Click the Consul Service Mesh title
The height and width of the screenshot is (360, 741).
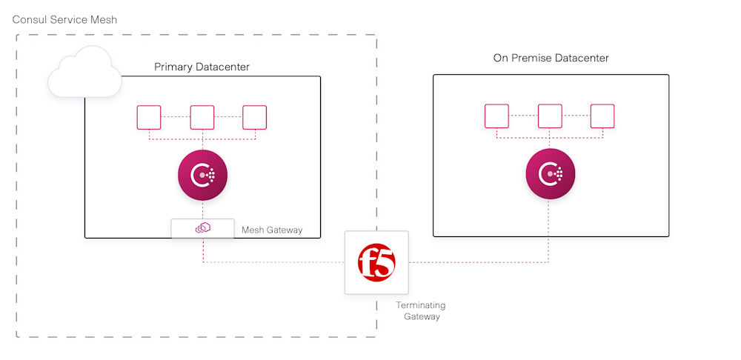[x=64, y=19]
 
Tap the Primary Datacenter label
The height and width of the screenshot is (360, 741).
[x=202, y=67]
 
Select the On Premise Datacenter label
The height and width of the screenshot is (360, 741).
[x=551, y=58]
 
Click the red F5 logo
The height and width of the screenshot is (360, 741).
[x=376, y=262]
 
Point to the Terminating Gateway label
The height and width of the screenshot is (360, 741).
[x=421, y=311]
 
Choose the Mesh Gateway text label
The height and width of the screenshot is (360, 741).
[x=272, y=230]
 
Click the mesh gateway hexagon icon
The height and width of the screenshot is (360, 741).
[x=202, y=229]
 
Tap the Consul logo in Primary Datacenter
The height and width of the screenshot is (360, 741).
[x=202, y=176]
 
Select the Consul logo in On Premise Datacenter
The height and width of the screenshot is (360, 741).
[x=550, y=175]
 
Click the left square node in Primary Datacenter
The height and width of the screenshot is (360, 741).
[x=149, y=117]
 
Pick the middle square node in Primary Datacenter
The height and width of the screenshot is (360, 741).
[x=202, y=117]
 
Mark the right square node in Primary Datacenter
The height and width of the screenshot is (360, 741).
[x=255, y=117]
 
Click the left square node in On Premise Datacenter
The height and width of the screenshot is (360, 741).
[x=496, y=116]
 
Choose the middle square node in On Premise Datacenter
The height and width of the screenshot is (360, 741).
[x=550, y=116]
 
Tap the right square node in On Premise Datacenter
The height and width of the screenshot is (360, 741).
[x=602, y=116]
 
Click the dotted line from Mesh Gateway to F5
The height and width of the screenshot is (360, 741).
[x=274, y=262]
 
